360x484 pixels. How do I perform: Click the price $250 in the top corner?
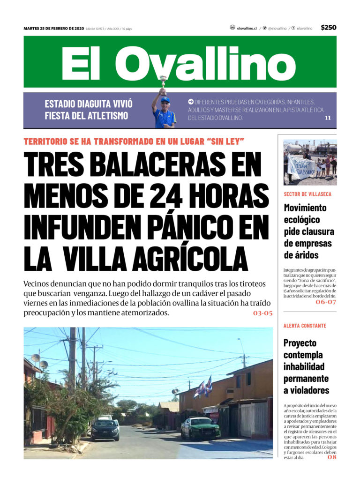328,28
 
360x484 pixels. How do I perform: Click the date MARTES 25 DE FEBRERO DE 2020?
54,29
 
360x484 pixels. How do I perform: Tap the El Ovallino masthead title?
178,63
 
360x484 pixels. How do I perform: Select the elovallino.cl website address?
247,29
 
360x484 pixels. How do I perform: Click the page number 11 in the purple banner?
328,118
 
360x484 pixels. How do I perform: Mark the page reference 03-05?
262,313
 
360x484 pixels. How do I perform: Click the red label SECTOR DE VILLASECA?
307,194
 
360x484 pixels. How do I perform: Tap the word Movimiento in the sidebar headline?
305,208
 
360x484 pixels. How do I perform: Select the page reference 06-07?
326,302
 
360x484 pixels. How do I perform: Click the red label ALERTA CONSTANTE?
305,326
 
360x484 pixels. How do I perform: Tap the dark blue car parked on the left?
105,429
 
